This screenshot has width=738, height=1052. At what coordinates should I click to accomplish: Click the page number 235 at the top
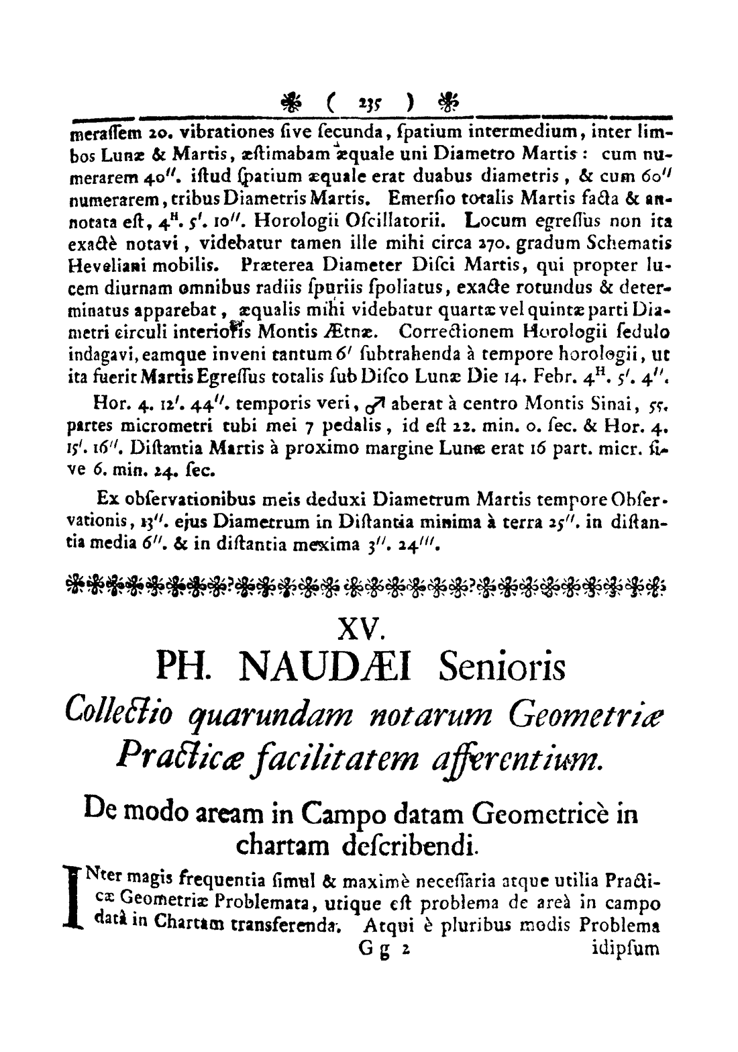pyautogui.click(x=366, y=105)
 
